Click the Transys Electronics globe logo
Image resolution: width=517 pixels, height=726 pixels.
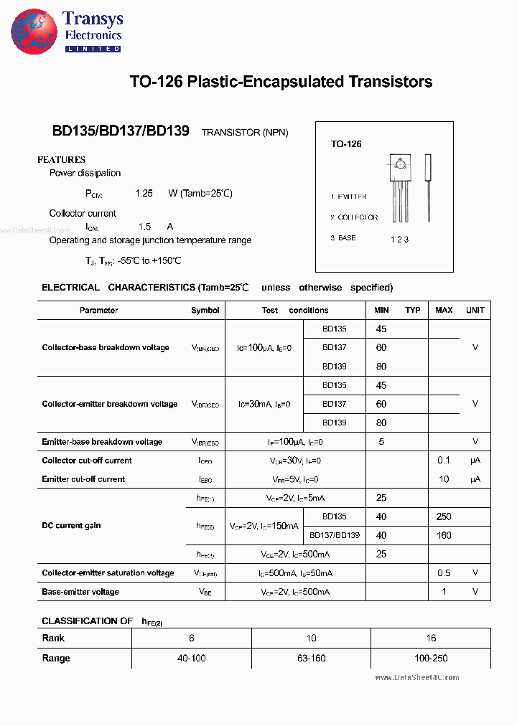[34, 32]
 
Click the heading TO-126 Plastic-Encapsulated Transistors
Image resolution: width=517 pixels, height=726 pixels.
[281, 82]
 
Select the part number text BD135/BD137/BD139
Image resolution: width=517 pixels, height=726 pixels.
[121, 131]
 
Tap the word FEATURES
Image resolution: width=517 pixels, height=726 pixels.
[61, 160]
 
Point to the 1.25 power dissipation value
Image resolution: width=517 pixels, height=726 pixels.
[144, 194]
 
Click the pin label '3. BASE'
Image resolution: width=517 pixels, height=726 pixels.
[343, 238]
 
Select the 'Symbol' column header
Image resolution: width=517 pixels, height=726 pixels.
[205, 311]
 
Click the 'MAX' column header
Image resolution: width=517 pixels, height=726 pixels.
[444, 311]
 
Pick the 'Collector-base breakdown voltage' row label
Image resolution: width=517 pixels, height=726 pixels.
[106, 348]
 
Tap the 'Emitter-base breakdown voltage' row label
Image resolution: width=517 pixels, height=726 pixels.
[102, 442]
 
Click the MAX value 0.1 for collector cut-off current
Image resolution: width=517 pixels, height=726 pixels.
[444, 461]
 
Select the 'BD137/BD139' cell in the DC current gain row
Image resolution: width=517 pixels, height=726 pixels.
[335, 535]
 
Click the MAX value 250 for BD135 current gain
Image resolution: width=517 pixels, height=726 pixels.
[444, 517]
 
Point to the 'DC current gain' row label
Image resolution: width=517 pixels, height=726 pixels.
[71, 526]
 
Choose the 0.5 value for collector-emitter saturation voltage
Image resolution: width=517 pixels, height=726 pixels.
[444, 573]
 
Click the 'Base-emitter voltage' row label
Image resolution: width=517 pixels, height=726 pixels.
[80, 592]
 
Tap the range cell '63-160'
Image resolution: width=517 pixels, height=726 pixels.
[311, 659]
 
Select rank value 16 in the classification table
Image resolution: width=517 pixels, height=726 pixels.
[431, 638]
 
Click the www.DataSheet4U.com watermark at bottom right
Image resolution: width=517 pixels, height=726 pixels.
[416, 677]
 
